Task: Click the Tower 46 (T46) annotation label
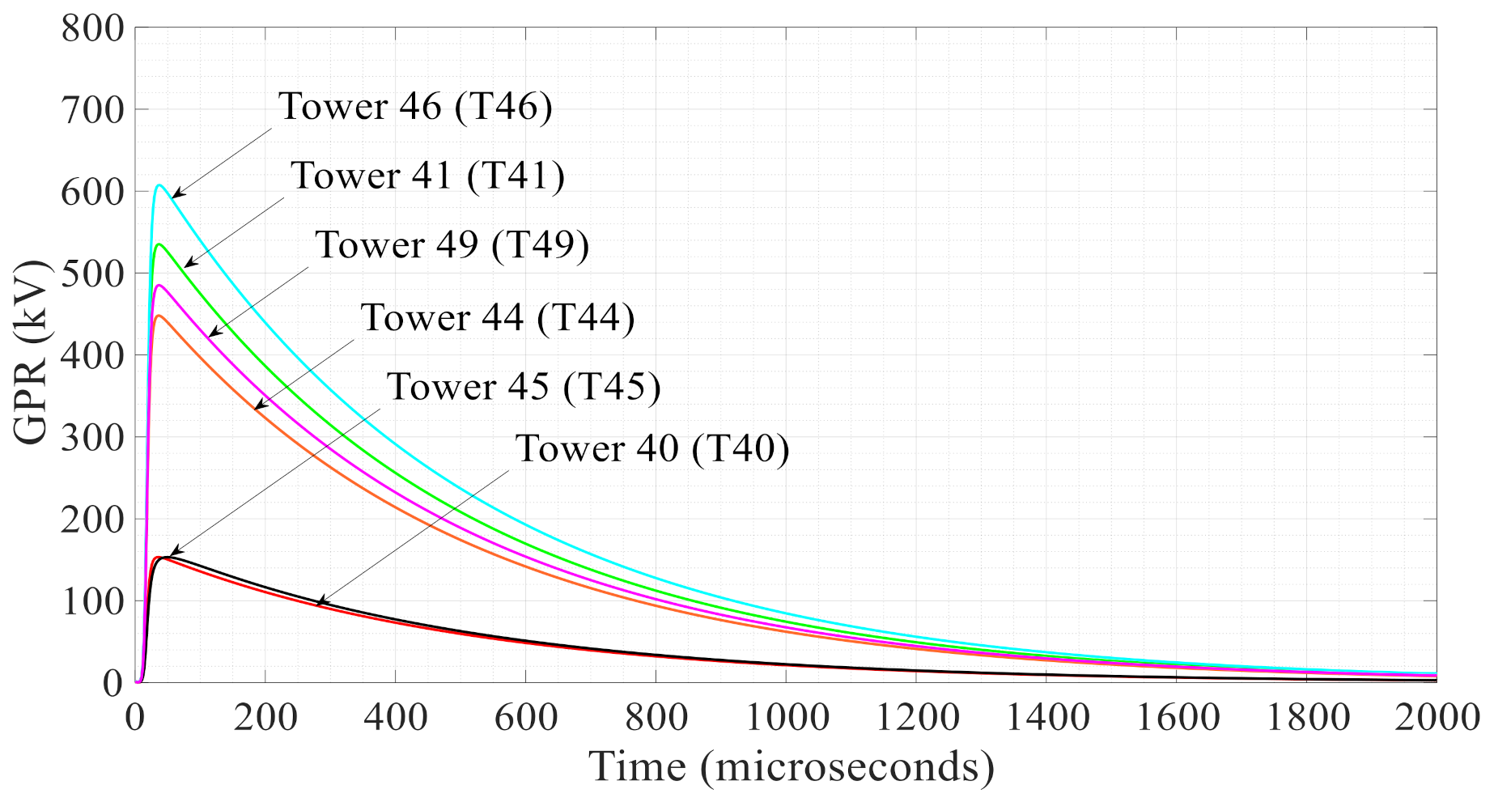click(415, 107)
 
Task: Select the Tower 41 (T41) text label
click(427, 176)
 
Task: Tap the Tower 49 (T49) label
click(452, 245)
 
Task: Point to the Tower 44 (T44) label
click(497, 318)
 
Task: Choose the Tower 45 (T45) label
click(524, 387)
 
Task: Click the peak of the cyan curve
click(159, 185)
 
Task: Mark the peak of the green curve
click(159, 244)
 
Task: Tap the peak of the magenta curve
click(159, 285)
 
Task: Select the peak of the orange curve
click(159, 316)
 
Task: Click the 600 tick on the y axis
click(91, 192)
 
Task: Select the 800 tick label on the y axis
click(91, 29)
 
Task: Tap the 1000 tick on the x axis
click(786, 717)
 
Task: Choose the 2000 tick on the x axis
click(1436, 717)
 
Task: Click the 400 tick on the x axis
click(395, 717)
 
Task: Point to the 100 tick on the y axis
click(91, 602)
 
